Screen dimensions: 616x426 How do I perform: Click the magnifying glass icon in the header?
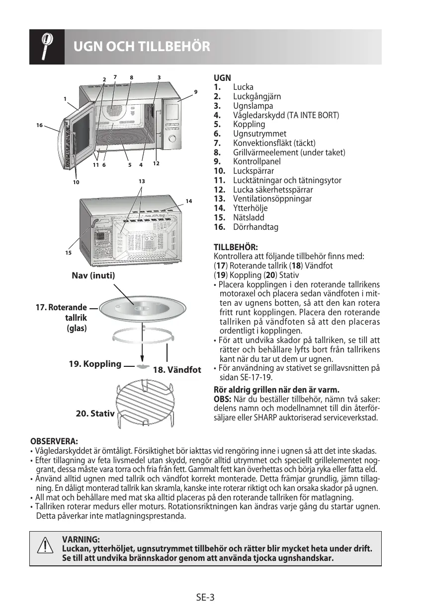point(47,47)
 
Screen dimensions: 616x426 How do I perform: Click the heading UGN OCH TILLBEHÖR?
point(142,47)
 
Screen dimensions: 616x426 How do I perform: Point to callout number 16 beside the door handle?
point(39,125)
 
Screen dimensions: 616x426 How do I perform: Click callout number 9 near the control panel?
point(196,92)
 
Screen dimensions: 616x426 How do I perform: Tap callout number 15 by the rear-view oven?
point(68,253)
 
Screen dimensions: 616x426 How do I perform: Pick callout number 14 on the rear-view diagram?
point(189,201)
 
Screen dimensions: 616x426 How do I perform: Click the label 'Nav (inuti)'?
point(93,276)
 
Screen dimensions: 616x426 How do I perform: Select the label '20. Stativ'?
point(95,413)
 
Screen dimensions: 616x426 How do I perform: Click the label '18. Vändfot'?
point(177,370)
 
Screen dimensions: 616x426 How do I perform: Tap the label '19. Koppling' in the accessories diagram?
point(95,364)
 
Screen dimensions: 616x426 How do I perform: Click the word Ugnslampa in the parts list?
point(253,106)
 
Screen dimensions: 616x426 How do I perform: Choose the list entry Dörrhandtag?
point(256,227)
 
